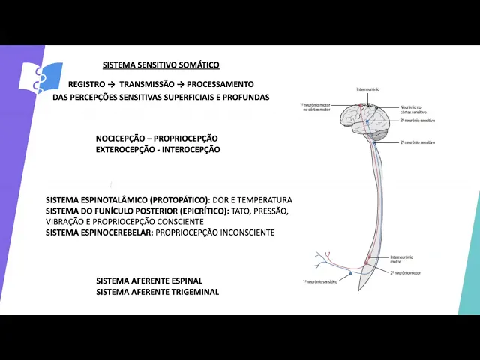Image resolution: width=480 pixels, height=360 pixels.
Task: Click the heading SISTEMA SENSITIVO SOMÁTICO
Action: (160, 65)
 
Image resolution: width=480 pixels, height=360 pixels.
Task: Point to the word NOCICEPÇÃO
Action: (121, 139)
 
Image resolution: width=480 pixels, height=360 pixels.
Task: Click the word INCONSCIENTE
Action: (243, 233)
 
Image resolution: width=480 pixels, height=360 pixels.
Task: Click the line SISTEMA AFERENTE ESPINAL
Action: (149, 280)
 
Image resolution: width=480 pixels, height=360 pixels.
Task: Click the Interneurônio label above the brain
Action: (367, 89)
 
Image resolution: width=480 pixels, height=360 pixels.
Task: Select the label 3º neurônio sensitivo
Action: (418, 121)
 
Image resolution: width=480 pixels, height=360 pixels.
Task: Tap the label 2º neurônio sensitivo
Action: (417, 142)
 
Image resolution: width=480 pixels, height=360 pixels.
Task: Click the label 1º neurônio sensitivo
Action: (320, 283)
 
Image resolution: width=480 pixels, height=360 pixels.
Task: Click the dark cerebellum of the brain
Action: (379, 134)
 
